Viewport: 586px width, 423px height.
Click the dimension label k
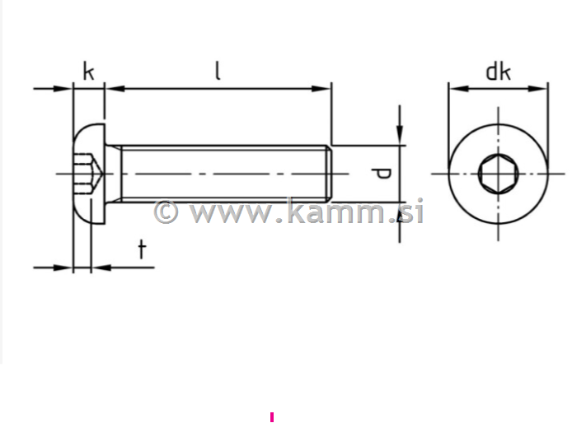88,72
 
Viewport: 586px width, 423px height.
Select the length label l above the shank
218,71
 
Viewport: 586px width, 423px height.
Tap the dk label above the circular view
498,72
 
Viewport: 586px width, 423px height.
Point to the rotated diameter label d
380,174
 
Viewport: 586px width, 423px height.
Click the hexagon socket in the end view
498,174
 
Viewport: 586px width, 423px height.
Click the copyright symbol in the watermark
166,211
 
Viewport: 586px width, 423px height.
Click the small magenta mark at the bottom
271,417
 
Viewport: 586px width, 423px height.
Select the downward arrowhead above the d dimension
400,135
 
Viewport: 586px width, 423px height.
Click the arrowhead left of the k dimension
65,88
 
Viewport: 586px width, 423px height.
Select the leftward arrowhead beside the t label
98,267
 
